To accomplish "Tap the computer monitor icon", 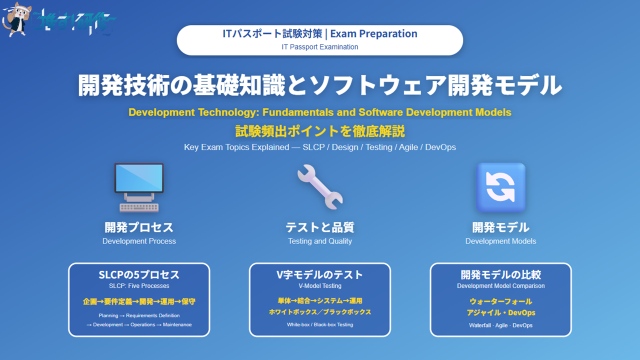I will click(x=139, y=179).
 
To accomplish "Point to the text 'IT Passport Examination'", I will click(x=320, y=47).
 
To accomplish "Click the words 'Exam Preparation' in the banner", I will click(x=373, y=34).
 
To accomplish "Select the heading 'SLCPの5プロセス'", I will click(x=139, y=275).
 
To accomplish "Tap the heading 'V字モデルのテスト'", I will click(x=320, y=275).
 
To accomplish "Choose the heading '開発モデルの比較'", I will click(x=500, y=275).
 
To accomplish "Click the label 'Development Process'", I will click(x=139, y=241).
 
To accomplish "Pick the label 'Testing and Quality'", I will click(x=320, y=241).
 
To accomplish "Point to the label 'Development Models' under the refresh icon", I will click(x=500, y=241).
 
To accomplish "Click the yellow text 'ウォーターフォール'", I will click(x=500, y=301).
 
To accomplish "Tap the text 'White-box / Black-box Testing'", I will click(x=320, y=324).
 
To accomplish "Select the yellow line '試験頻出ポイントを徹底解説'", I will click(x=320, y=131).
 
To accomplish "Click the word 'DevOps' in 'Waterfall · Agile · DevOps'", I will click(x=522, y=325).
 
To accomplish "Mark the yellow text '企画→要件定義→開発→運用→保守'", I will click(x=139, y=301).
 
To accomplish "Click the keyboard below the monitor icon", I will click(x=139, y=206).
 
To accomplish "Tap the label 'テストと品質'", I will click(x=320, y=227).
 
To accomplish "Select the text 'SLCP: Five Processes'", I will click(x=139, y=286).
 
